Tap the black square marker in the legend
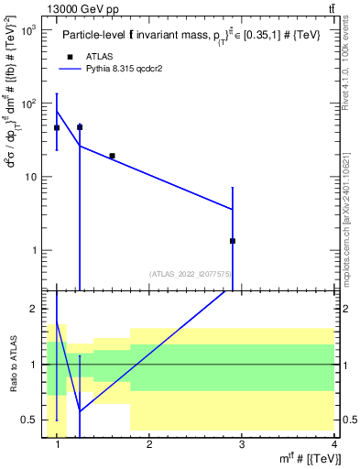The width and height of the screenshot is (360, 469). pos(71,57)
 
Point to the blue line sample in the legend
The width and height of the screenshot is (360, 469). pos(71,69)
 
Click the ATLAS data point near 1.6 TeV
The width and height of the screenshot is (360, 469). pos(112,156)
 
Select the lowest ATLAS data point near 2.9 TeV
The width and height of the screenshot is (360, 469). pos(233,241)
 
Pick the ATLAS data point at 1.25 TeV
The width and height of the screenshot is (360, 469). pos(80,127)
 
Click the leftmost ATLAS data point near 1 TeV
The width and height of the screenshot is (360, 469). pos(57,127)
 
